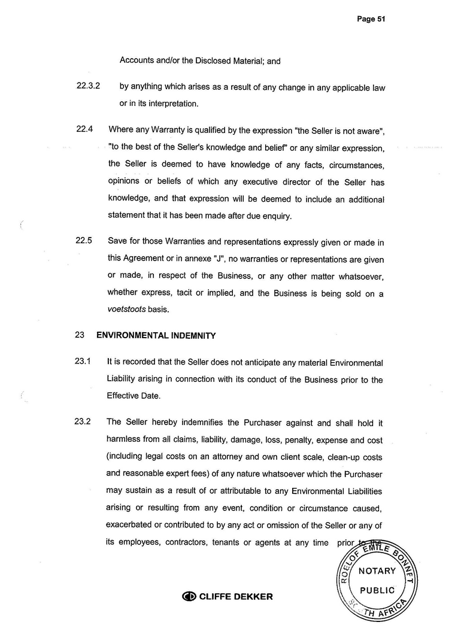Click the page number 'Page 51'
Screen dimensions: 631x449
pyautogui.click(x=371, y=19)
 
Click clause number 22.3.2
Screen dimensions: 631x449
pyautogui.click(x=88, y=87)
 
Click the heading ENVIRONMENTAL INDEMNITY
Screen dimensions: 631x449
pyautogui.click(x=156, y=336)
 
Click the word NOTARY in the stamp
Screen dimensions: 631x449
pyautogui.click(x=377, y=571)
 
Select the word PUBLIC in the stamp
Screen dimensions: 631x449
pyautogui.click(x=377, y=590)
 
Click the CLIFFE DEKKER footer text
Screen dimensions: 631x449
pyautogui.click(x=235, y=596)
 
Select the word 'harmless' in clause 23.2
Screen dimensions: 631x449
pyautogui.click(x=123, y=439)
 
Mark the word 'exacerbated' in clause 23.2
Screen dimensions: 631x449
pyautogui.click(x=130, y=526)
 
